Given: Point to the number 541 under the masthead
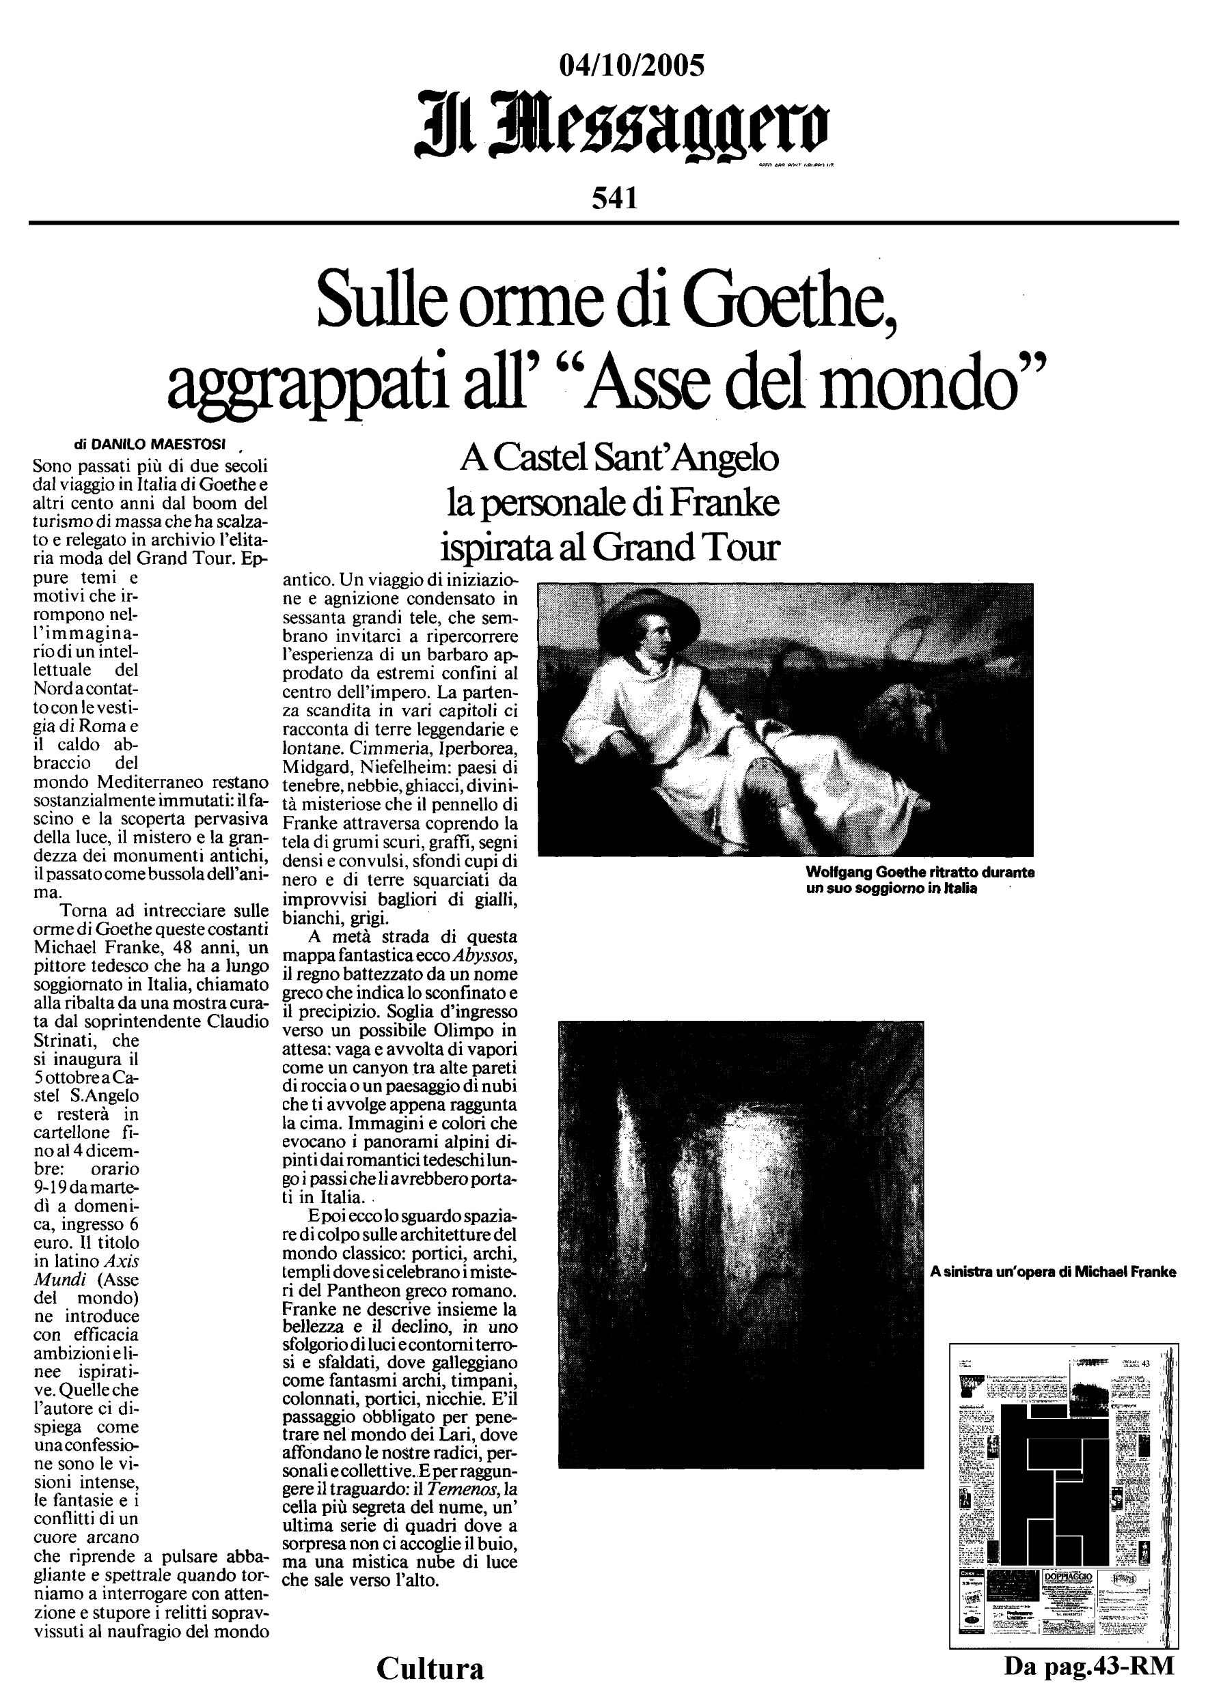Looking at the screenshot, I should coord(615,199).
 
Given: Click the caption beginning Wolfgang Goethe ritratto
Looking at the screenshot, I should coord(920,880).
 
